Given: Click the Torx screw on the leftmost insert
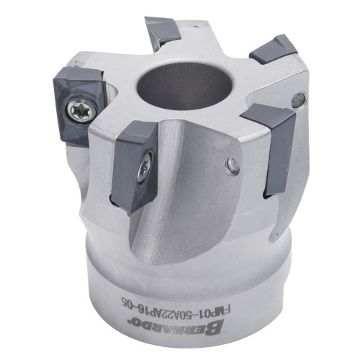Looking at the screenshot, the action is pos(82,110).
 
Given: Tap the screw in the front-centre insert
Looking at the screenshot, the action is pos(145,168).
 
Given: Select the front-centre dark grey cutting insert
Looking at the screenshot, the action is pos(135,167).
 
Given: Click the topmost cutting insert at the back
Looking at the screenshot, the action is pos(163,30).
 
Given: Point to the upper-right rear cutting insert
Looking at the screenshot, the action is pos(274,50).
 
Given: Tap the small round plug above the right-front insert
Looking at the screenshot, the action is pos(299,100).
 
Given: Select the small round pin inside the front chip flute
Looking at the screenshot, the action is pos(233,166).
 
